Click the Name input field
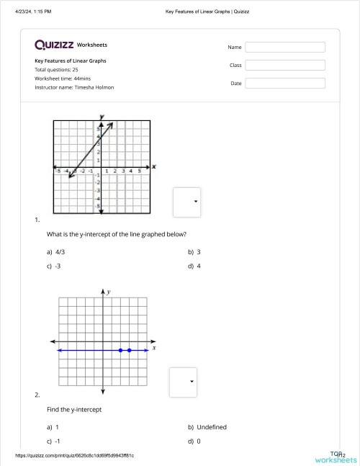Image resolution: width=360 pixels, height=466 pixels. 285,47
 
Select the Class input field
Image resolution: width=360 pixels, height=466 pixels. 285,65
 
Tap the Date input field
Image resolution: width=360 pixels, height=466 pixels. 285,83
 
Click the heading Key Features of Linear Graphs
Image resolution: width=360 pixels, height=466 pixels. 71,61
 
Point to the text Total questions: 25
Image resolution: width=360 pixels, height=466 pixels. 56,70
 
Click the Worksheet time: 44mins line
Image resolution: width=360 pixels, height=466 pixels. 62,79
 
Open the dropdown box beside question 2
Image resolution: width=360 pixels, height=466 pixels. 183,382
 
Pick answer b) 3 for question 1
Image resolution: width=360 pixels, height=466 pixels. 194,252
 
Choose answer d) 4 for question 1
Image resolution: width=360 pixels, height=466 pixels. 194,266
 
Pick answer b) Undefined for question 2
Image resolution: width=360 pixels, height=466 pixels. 207,427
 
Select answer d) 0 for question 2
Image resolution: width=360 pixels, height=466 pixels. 194,441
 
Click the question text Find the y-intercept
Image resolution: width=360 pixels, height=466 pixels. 74,409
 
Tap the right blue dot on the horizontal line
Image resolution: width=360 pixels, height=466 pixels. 130,350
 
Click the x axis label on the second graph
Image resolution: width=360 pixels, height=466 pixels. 154,347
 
